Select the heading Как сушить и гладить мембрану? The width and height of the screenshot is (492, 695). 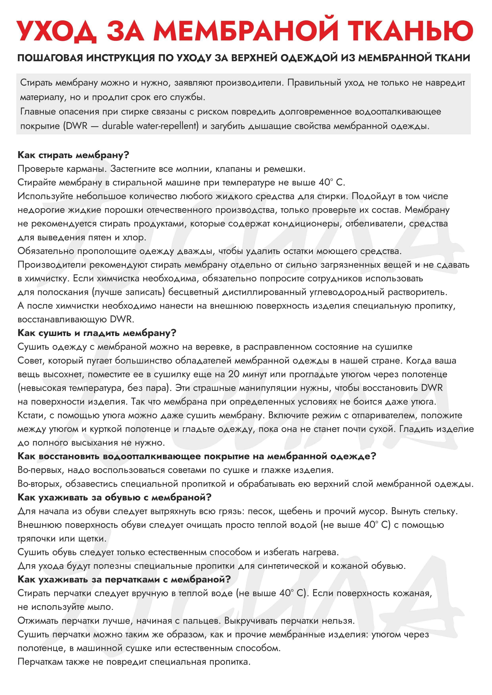tap(97, 333)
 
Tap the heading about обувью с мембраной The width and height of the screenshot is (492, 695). tap(115, 497)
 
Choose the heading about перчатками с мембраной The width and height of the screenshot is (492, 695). tap(124, 579)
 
